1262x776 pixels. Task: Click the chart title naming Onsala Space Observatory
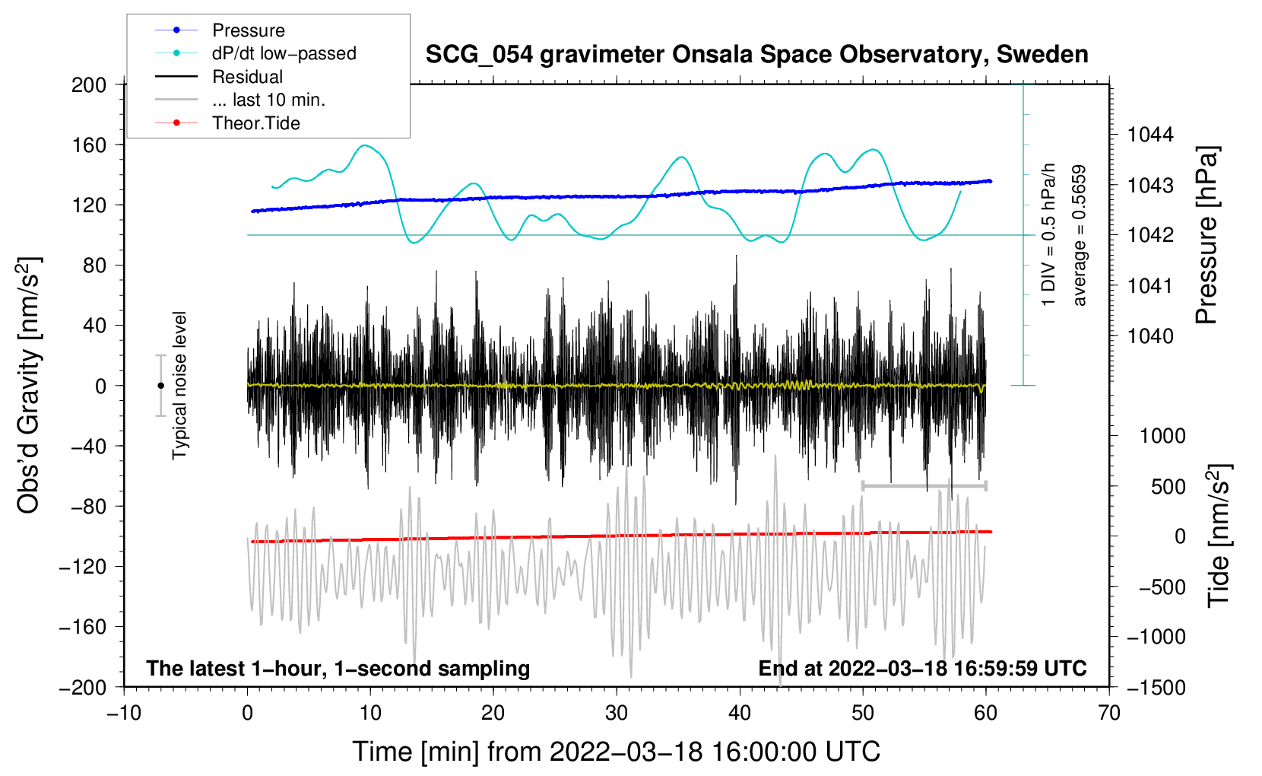pos(756,55)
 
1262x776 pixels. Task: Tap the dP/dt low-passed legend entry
pos(284,53)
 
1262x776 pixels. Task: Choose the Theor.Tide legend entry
pos(256,123)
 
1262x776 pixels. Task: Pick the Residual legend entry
pos(247,77)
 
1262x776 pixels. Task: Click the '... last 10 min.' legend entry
pos(268,100)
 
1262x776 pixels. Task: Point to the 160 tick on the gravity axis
pos(89,145)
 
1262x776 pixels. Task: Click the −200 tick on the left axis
pos(83,687)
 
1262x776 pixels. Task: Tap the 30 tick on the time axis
pos(617,713)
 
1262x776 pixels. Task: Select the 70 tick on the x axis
pos(1109,713)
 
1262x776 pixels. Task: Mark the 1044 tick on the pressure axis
pos(1150,135)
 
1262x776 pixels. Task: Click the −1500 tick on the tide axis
pos(1156,687)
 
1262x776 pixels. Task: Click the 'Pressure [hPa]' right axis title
pos(1207,235)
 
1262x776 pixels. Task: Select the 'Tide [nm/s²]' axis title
pos(1219,535)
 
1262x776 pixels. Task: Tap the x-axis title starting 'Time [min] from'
pos(617,752)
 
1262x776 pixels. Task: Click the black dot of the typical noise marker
pos(160,386)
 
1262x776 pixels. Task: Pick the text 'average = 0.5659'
pos(1080,235)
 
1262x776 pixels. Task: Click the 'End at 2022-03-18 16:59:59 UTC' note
pos(922,669)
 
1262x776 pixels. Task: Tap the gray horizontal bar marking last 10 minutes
pos(924,485)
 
